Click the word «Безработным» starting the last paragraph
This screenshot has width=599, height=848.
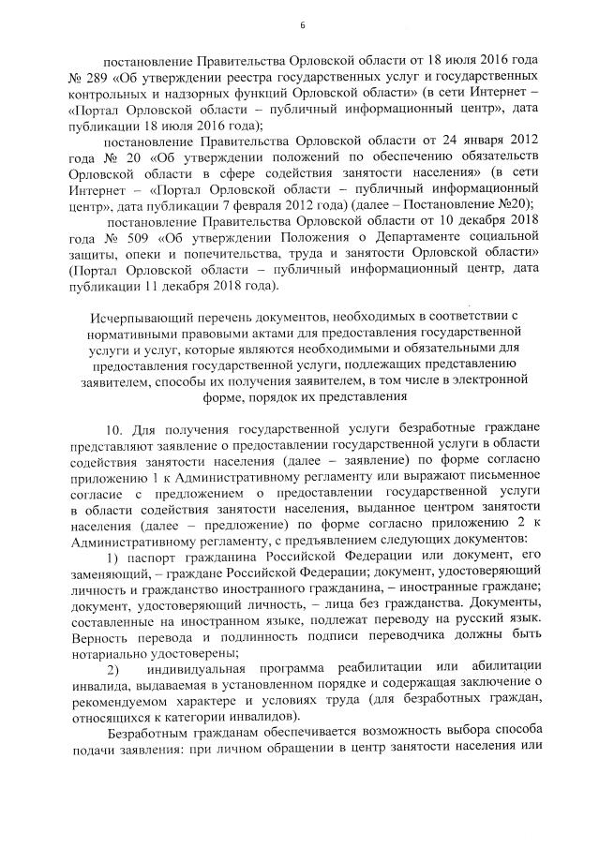(x=153, y=734)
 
